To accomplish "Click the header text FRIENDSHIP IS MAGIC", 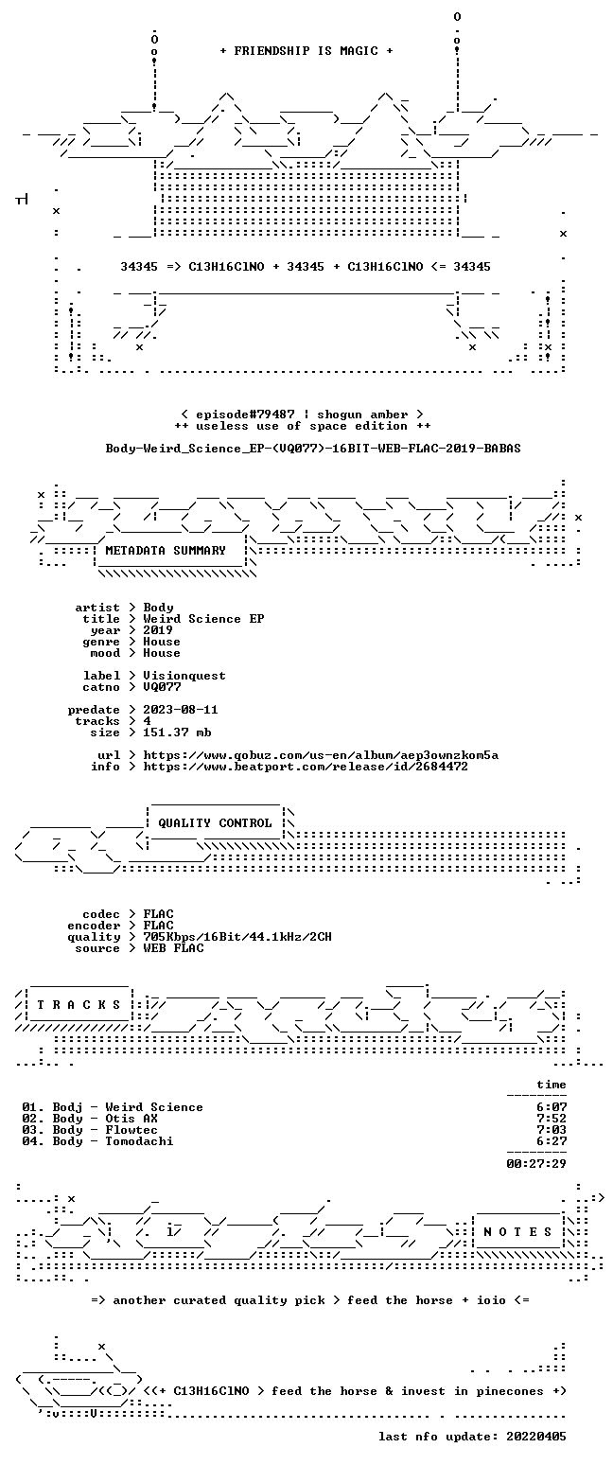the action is pos(306,51).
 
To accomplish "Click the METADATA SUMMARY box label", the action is pos(166,551).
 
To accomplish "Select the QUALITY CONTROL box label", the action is pos(215,823).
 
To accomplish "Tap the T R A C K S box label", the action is pos(79,1004).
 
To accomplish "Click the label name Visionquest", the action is pos(184,676).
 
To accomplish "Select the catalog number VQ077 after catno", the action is pos(162,687).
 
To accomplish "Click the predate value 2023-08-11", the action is pos(181,710).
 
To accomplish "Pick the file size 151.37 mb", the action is pos(177,732).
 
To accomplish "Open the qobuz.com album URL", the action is pos(321,755).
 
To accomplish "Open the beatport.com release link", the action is pos(306,767).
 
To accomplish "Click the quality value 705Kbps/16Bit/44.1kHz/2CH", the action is pos(237,937).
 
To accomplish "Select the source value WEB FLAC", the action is pos(173,948).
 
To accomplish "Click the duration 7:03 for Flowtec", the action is pos(552,1129).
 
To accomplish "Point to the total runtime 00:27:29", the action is pos(536,1163).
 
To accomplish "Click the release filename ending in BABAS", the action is pos(313,449).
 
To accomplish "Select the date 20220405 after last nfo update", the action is pos(536,1437).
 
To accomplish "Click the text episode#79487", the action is pos(245,415).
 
